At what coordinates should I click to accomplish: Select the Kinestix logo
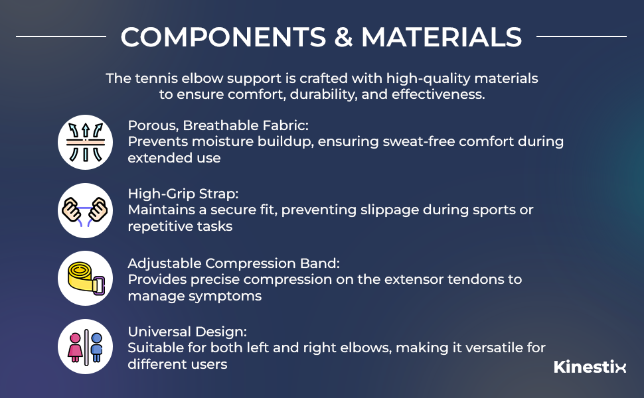tap(590, 367)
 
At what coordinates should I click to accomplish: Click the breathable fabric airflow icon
tap(85, 142)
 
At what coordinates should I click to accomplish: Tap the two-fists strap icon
tap(85, 210)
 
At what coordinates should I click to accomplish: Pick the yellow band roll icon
tap(85, 279)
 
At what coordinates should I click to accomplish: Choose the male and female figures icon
tap(85, 347)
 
